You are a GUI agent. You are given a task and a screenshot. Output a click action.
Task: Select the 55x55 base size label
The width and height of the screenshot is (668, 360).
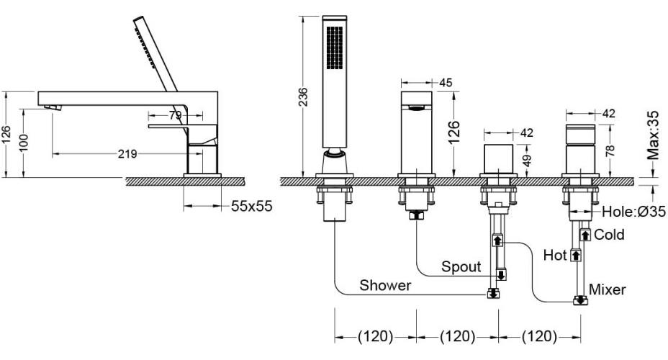[x=252, y=206]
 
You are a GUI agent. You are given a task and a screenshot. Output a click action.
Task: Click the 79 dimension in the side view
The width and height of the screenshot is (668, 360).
[x=176, y=115]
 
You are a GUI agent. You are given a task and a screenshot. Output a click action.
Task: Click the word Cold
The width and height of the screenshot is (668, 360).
[x=609, y=235]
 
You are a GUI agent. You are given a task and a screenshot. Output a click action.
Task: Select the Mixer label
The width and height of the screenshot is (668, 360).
[x=608, y=289]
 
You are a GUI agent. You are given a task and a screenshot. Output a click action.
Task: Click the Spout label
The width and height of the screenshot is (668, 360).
[x=461, y=267]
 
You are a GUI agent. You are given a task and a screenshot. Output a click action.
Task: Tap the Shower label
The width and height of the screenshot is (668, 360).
[x=386, y=286]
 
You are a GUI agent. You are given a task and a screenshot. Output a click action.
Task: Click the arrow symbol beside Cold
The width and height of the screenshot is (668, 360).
[x=585, y=235]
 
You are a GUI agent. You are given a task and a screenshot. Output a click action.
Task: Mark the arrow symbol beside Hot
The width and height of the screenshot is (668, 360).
[x=575, y=255]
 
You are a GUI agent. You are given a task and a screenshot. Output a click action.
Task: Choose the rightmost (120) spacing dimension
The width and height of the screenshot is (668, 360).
[x=538, y=336]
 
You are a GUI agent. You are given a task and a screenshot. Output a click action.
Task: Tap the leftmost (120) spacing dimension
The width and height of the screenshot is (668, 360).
[x=375, y=336]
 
